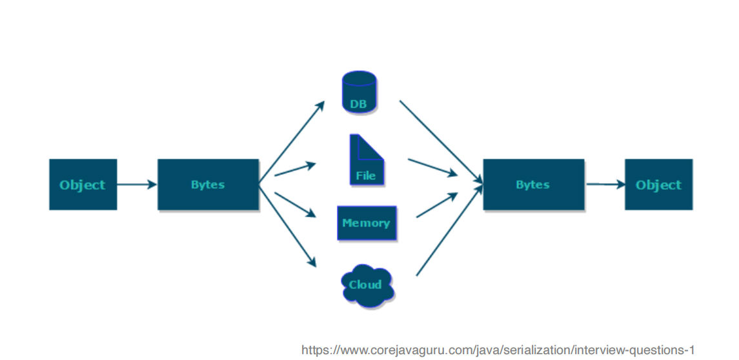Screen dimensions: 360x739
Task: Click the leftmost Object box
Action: click(x=83, y=185)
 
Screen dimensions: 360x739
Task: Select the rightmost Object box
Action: click(x=658, y=185)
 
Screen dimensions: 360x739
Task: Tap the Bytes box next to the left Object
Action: click(x=208, y=185)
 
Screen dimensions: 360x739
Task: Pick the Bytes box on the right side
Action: click(x=533, y=185)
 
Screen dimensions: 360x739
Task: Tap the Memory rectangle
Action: click(x=366, y=223)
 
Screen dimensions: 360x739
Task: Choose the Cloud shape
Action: click(x=366, y=285)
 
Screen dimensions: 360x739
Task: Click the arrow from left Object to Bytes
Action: click(x=137, y=185)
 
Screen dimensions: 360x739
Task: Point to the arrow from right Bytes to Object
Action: click(x=605, y=185)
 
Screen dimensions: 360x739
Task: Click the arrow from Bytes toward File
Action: click(x=294, y=169)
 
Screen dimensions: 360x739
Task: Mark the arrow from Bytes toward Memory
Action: click(x=294, y=205)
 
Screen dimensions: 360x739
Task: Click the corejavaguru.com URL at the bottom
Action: click(x=498, y=350)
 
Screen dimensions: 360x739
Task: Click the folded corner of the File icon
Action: click(x=374, y=147)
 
